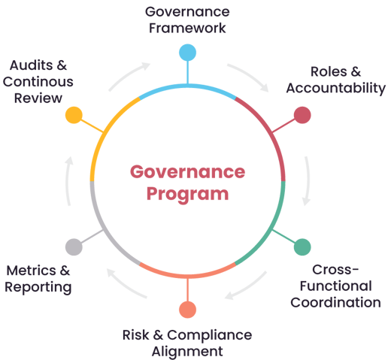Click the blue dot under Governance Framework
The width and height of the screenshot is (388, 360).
(x=187, y=53)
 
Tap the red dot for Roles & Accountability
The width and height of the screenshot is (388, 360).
(x=302, y=115)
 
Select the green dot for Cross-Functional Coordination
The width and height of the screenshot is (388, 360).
(x=302, y=247)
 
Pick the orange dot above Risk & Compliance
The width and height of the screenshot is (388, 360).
(x=187, y=310)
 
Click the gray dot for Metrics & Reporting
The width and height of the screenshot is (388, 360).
(x=74, y=247)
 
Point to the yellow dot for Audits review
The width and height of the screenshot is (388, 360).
(x=74, y=115)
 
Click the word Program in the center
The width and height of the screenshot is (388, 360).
(x=187, y=195)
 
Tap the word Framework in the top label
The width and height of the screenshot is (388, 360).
(x=187, y=28)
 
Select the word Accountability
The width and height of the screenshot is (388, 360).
(x=336, y=89)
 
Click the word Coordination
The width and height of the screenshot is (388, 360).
(x=335, y=302)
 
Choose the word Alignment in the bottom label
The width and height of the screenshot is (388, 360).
(x=187, y=352)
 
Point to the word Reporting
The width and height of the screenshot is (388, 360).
(x=38, y=288)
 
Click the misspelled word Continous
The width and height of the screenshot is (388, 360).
(x=38, y=82)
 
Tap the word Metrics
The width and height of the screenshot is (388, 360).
(x=31, y=271)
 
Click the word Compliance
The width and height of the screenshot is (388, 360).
(x=210, y=336)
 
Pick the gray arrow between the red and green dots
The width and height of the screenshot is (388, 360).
(x=308, y=181)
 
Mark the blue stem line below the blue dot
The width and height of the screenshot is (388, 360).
(x=187, y=72)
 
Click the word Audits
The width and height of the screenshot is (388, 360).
(x=31, y=65)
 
